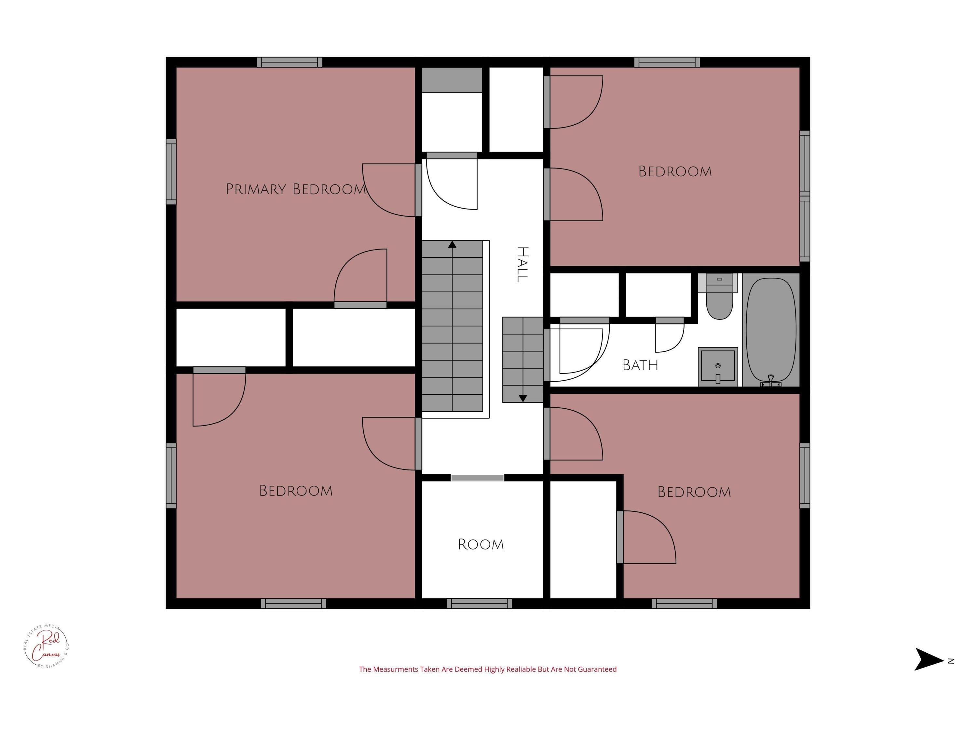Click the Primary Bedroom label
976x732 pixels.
click(296, 189)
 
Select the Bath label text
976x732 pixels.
click(640, 365)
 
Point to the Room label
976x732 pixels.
click(481, 545)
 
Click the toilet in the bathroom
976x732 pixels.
click(720, 296)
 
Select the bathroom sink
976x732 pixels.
click(718, 367)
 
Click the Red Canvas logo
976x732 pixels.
click(46, 646)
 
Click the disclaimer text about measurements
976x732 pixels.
click(488, 669)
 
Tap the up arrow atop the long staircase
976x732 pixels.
click(452, 244)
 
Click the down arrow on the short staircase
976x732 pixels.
click(523, 399)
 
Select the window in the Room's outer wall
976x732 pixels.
click(479, 603)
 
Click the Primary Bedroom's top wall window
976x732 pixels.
click(290, 62)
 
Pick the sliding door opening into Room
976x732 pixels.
click(477, 478)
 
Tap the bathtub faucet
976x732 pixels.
click(771, 381)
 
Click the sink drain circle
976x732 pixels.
click(718, 366)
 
